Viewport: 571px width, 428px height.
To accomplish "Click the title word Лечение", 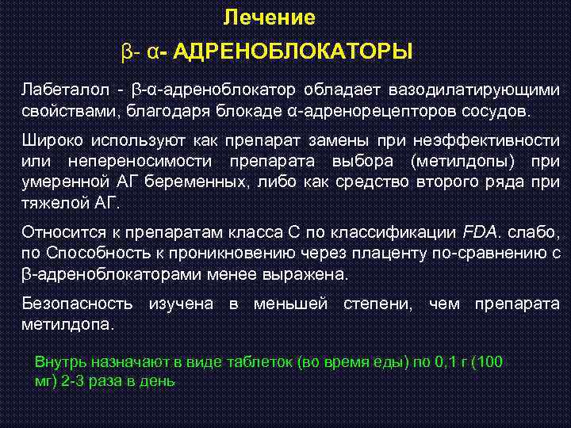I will [x=269, y=17].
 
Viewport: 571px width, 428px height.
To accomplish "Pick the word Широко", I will [x=50, y=140].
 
